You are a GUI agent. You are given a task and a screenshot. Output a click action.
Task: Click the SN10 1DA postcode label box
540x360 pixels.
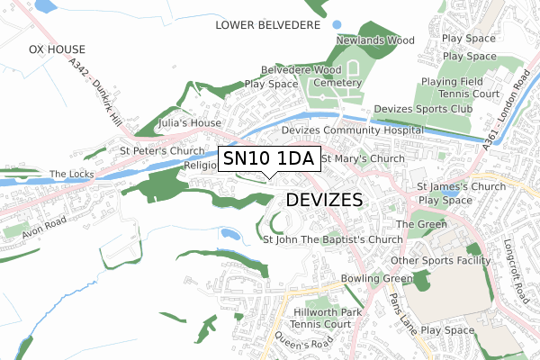coord(267,159)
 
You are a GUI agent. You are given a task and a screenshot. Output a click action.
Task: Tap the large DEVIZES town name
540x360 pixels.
coord(324,199)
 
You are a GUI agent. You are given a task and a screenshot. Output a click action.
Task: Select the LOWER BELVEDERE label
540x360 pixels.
coord(268,25)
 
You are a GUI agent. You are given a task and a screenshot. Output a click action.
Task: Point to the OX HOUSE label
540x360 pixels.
coord(57,49)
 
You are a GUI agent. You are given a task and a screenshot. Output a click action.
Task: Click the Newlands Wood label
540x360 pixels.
coord(374,40)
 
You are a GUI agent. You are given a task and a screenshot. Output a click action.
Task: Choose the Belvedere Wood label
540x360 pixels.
coord(301,69)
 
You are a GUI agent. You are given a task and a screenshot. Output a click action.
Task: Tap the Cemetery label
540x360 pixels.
coord(337,83)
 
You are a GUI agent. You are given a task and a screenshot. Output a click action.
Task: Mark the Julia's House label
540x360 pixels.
coord(189,122)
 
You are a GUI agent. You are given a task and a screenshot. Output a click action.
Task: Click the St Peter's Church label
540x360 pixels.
coord(164,150)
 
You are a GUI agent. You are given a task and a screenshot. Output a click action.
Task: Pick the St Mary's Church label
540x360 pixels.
coord(363,159)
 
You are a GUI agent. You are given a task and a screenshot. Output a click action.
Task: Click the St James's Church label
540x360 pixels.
coord(462,187)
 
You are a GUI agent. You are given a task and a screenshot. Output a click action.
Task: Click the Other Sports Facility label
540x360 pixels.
coord(440,261)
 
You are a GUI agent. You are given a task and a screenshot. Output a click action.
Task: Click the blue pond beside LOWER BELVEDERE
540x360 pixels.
coord(337,24)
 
